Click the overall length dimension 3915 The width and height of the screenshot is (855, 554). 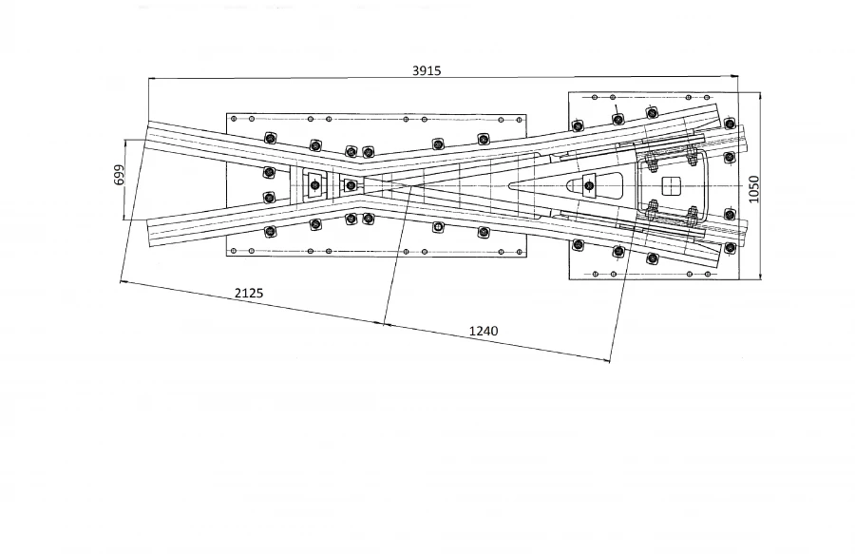[x=427, y=70]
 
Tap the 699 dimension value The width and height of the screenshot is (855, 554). [x=118, y=177]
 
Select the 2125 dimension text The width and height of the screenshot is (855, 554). [x=248, y=293]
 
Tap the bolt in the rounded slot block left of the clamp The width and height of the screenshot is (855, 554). [x=590, y=184]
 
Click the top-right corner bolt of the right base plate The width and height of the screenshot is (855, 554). [x=729, y=124]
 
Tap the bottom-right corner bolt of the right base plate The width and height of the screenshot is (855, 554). [x=729, y=248]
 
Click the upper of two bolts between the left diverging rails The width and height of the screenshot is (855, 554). [x=269, y=172]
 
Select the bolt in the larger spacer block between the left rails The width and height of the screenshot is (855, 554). [x=313, y=185]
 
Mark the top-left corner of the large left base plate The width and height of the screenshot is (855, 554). [x=227, y=113]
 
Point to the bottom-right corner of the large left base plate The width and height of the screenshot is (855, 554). [x=525, y=255]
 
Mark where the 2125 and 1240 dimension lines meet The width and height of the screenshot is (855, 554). [x=384, y=325]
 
